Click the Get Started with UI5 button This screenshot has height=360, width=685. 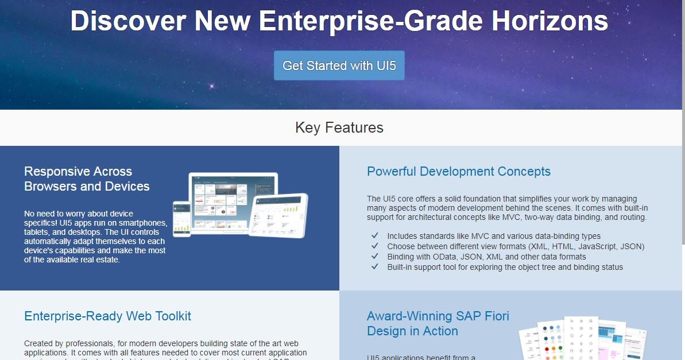tap(339, 65)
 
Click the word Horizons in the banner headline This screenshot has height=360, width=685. tap(550, 21)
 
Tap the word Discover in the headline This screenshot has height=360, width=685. tap(128, 21)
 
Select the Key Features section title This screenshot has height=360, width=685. tap(339, 127)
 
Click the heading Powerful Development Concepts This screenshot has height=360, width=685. tap(458, 172)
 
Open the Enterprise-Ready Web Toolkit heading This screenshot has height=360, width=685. tap(107, 316)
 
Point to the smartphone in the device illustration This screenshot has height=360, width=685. tap(182, 218)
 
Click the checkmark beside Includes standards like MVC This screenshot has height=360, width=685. tap(375, 236)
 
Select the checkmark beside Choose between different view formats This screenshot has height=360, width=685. tap(375, 246)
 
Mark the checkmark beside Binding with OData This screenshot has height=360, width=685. tap(375, 257)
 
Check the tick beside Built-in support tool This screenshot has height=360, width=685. tap(375, 267)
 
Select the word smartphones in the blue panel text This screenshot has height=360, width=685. tap(141, 223)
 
